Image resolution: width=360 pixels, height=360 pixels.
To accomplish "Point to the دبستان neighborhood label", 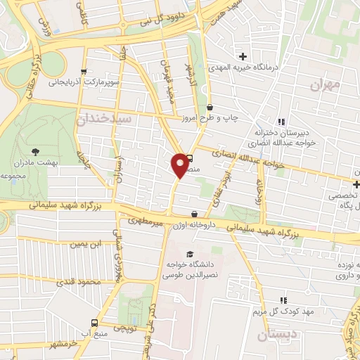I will pos(272,335).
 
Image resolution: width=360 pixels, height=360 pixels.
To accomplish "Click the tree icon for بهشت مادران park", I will pos(35,151).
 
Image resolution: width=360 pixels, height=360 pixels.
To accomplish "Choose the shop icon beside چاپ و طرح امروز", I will pos(210,107).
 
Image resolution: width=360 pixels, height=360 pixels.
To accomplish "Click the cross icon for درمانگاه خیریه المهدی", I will pos(243,56).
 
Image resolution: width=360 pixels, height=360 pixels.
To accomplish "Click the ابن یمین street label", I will pos(84,243).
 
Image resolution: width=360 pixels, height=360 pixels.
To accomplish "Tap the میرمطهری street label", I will pos(144,224).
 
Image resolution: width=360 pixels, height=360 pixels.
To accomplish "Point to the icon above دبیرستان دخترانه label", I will pos(282,122).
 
